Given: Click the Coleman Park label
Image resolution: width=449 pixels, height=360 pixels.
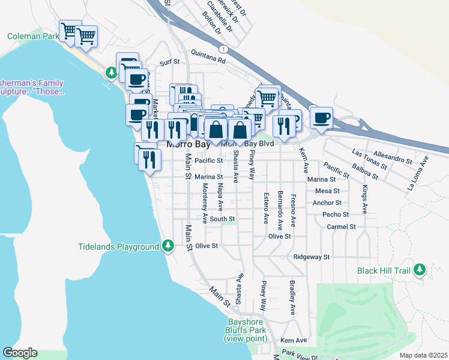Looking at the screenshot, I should coord(33,36).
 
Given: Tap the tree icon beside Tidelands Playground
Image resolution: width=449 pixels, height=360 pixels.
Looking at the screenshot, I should coord(169,246).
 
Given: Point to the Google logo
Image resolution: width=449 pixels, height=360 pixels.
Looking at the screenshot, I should coord(20,353).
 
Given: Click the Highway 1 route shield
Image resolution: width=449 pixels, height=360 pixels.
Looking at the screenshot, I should coord(223,49).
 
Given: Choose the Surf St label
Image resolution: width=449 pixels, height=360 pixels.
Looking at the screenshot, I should coord(170,62).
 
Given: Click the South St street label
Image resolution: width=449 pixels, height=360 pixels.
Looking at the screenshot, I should coord(222,219).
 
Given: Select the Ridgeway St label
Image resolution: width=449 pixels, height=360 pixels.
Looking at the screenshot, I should coord(312,257).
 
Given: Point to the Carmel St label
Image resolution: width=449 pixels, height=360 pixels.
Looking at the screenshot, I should coord(342,227).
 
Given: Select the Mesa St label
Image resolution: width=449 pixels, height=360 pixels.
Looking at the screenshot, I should coord(328,191).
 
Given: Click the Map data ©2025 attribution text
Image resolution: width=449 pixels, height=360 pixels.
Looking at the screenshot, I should coord(423,355).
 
